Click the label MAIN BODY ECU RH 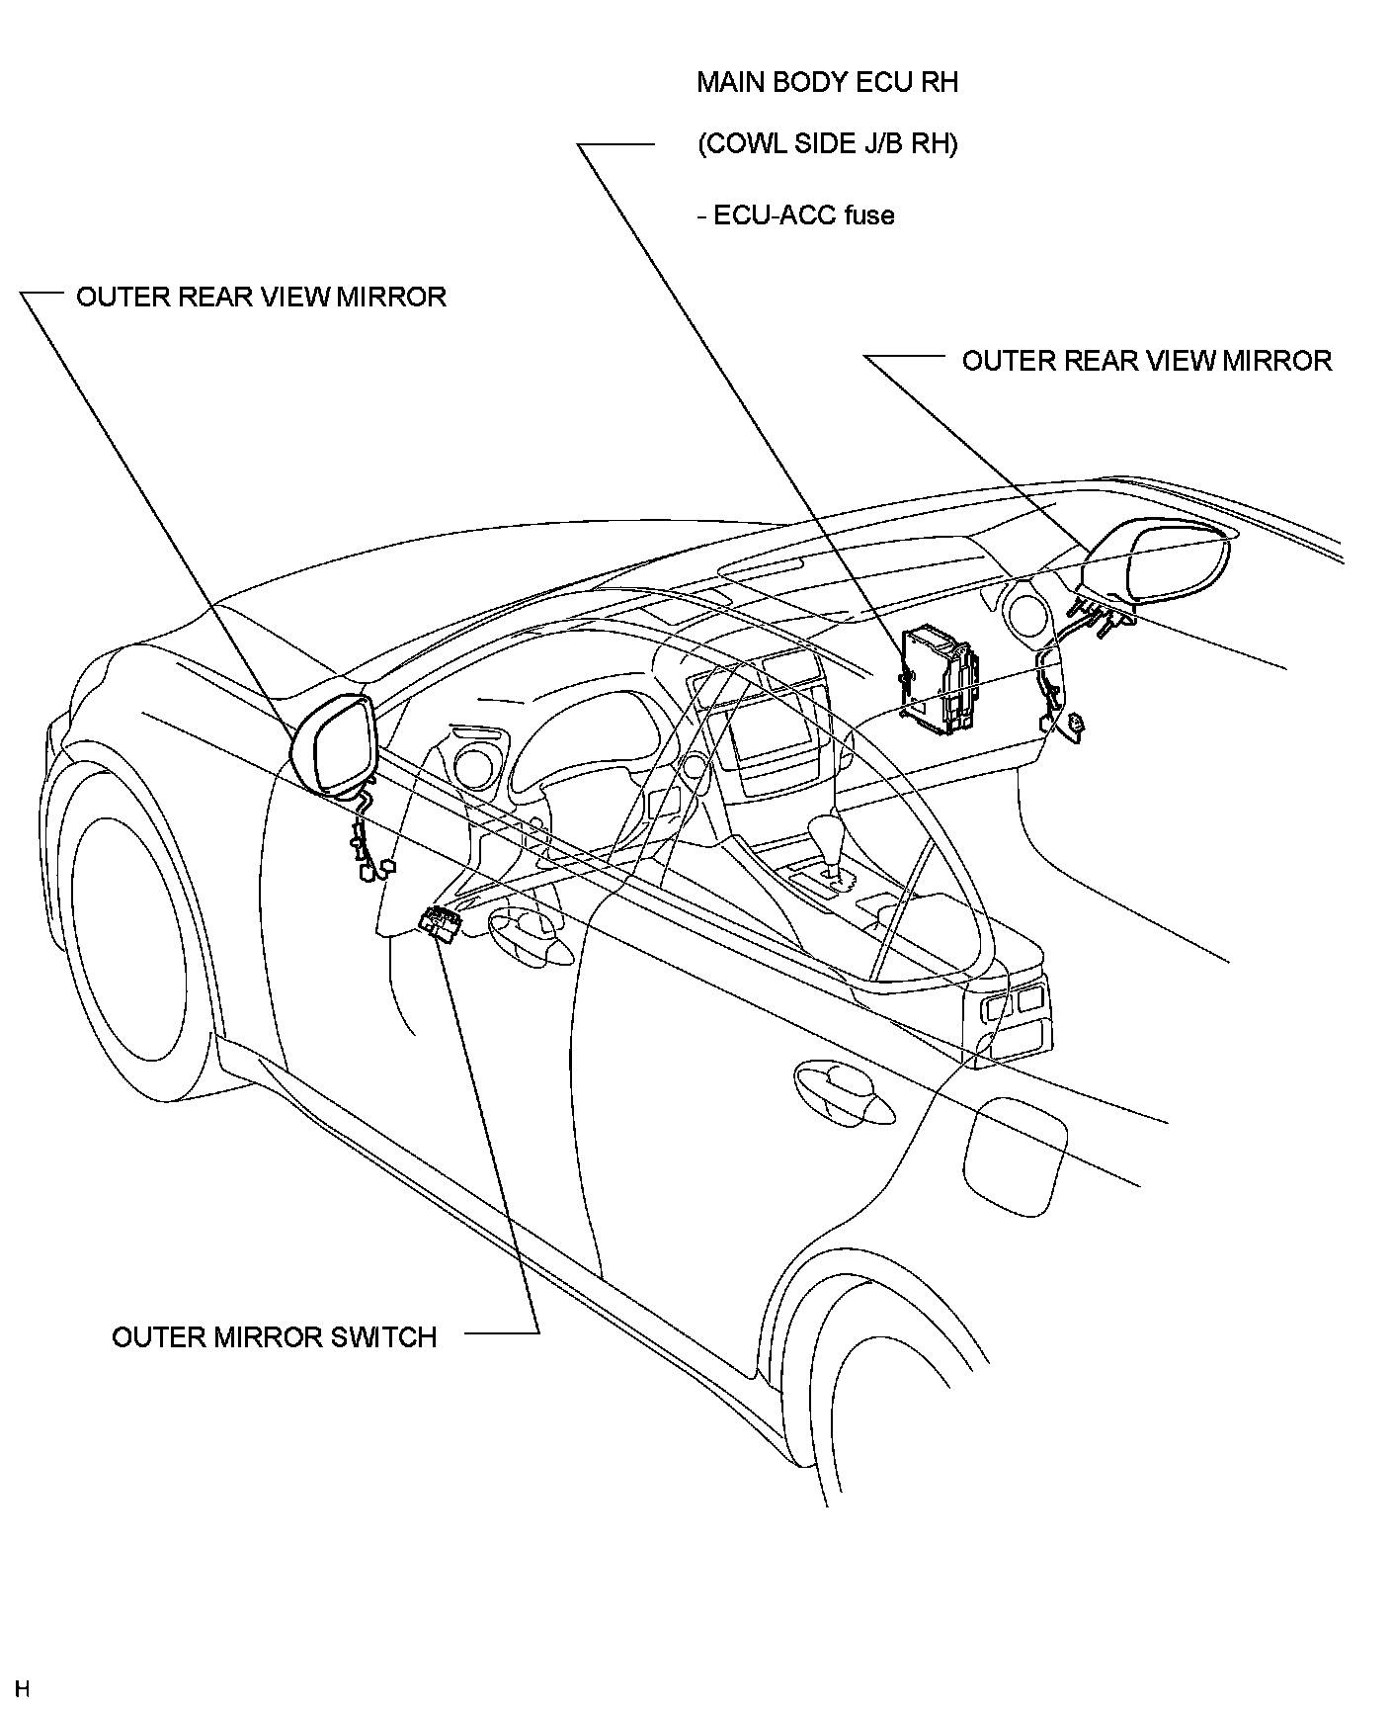click(x=827, y=82)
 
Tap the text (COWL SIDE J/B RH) click(x=828, y=144)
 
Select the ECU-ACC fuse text click(x=796, y=215)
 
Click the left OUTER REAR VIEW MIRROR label click(x=261, y=298)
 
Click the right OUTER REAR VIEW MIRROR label click(x=1147, y=361)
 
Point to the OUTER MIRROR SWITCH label click(x=274, y=1337)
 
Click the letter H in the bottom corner click(x=23, y=1687)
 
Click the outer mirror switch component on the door click(x=441, y=923)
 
